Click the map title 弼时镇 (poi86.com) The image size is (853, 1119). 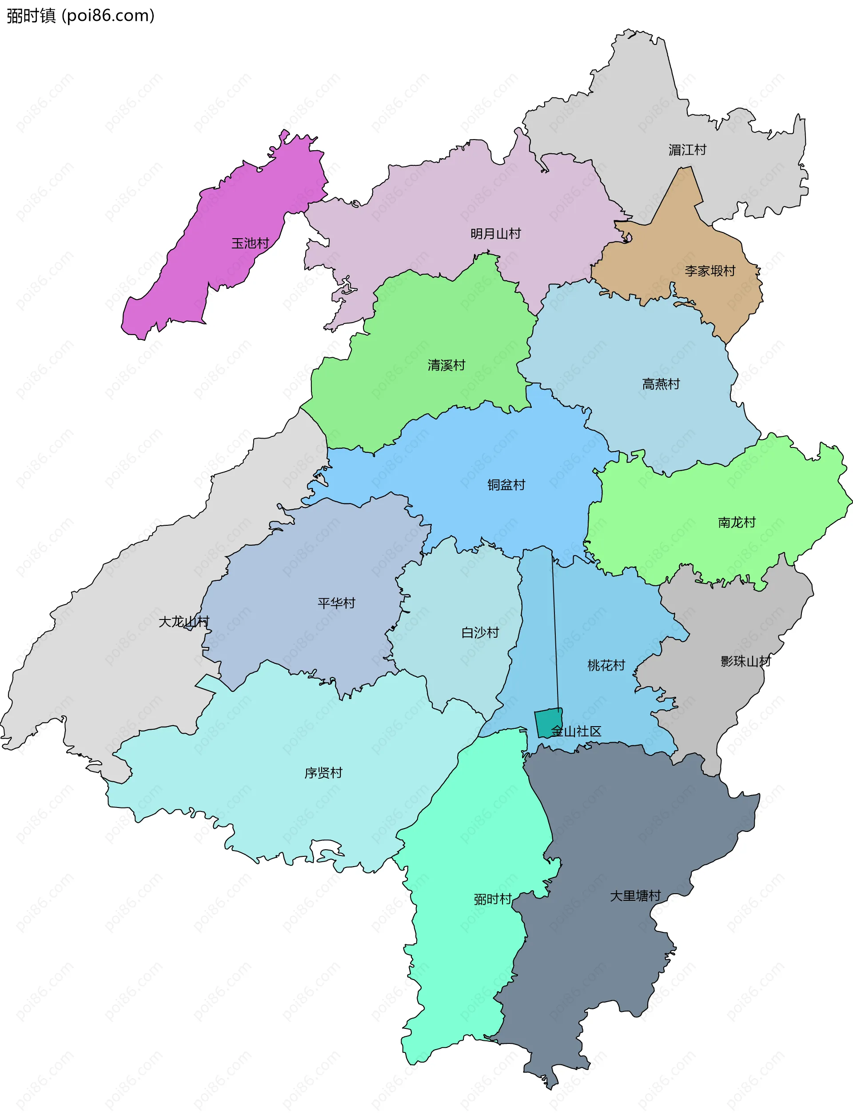point(80,16)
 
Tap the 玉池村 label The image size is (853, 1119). point(250,243)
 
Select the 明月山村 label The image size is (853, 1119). point(495,234)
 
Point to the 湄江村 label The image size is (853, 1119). point(687,150)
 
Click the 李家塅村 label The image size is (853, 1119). point(710,271)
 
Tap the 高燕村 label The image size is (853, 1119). point(661,384)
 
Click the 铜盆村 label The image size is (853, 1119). point(506,484)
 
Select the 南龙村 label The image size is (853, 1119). point(737,522)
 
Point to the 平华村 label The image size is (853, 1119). point(336,603)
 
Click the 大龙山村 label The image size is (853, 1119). point(184,622)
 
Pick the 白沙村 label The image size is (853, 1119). point(480,632)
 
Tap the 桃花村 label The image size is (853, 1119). point(606,665)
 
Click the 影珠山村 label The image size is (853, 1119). point(745,661)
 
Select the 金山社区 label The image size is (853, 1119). point(576,731)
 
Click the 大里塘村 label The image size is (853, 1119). point(635,895)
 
